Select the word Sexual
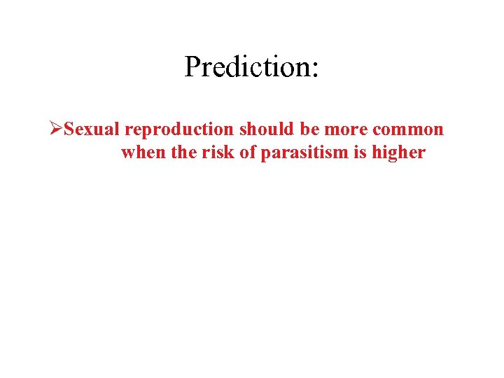(92, 130)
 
